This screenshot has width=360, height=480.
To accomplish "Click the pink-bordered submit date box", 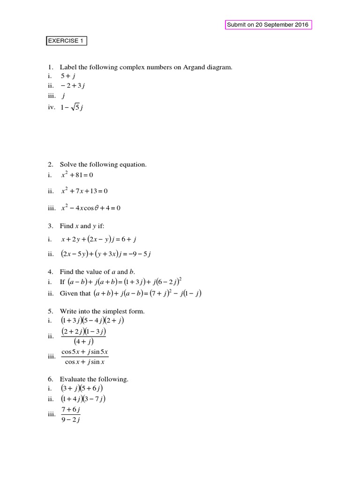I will (268, 25).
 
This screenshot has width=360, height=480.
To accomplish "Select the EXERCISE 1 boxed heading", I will (66, 41).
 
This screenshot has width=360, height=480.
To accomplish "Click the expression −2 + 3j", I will (73, 85).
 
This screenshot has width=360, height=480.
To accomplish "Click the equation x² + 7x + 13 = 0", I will (87, 191).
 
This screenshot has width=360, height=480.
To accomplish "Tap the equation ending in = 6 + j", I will (98, 240).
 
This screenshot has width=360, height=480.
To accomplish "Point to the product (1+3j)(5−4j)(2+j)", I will (92, 321).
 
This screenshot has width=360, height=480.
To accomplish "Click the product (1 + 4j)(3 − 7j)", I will (83, 399).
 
